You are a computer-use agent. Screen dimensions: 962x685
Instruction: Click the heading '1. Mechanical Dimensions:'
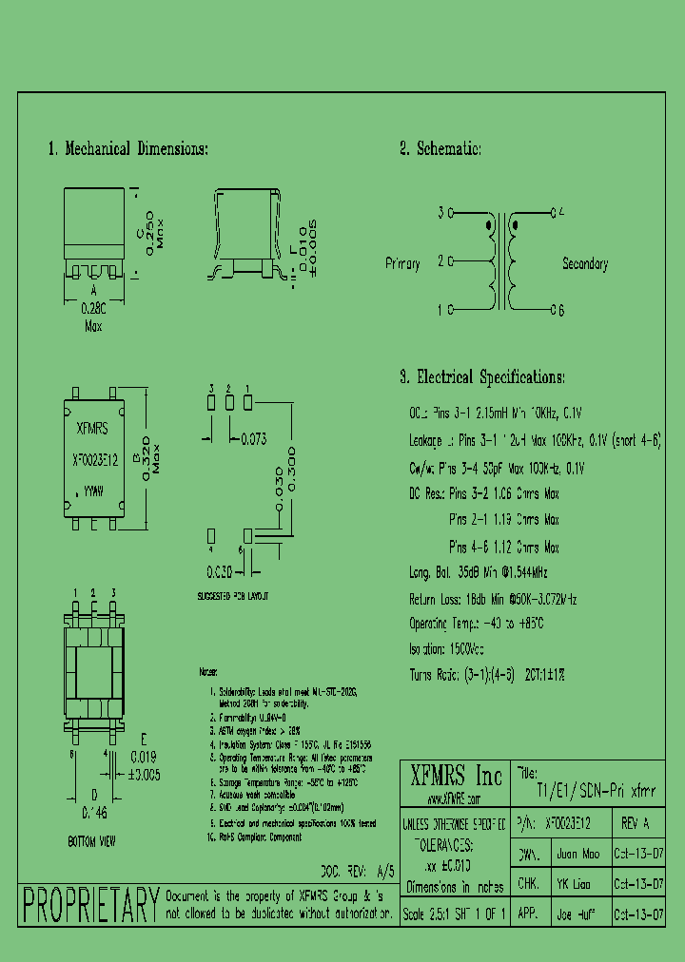[127, 149]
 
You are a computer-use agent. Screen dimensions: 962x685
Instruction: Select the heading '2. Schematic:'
[440, 149]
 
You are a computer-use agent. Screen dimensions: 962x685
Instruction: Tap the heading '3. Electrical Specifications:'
[482, 377]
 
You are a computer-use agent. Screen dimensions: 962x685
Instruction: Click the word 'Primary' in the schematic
[402, 263]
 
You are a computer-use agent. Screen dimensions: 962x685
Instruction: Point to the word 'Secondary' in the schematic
[585, 264]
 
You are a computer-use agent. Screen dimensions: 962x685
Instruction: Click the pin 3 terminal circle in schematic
[451, 213]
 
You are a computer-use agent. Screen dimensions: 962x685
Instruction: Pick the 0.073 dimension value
[253, 438]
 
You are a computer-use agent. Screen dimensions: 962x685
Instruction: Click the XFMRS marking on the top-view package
[91, 429]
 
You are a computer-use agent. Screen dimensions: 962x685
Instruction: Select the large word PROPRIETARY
[89, 904]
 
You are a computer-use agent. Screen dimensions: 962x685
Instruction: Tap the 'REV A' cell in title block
[636, 823]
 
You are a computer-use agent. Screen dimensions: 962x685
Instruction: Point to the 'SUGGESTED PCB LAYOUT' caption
[233, 595]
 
